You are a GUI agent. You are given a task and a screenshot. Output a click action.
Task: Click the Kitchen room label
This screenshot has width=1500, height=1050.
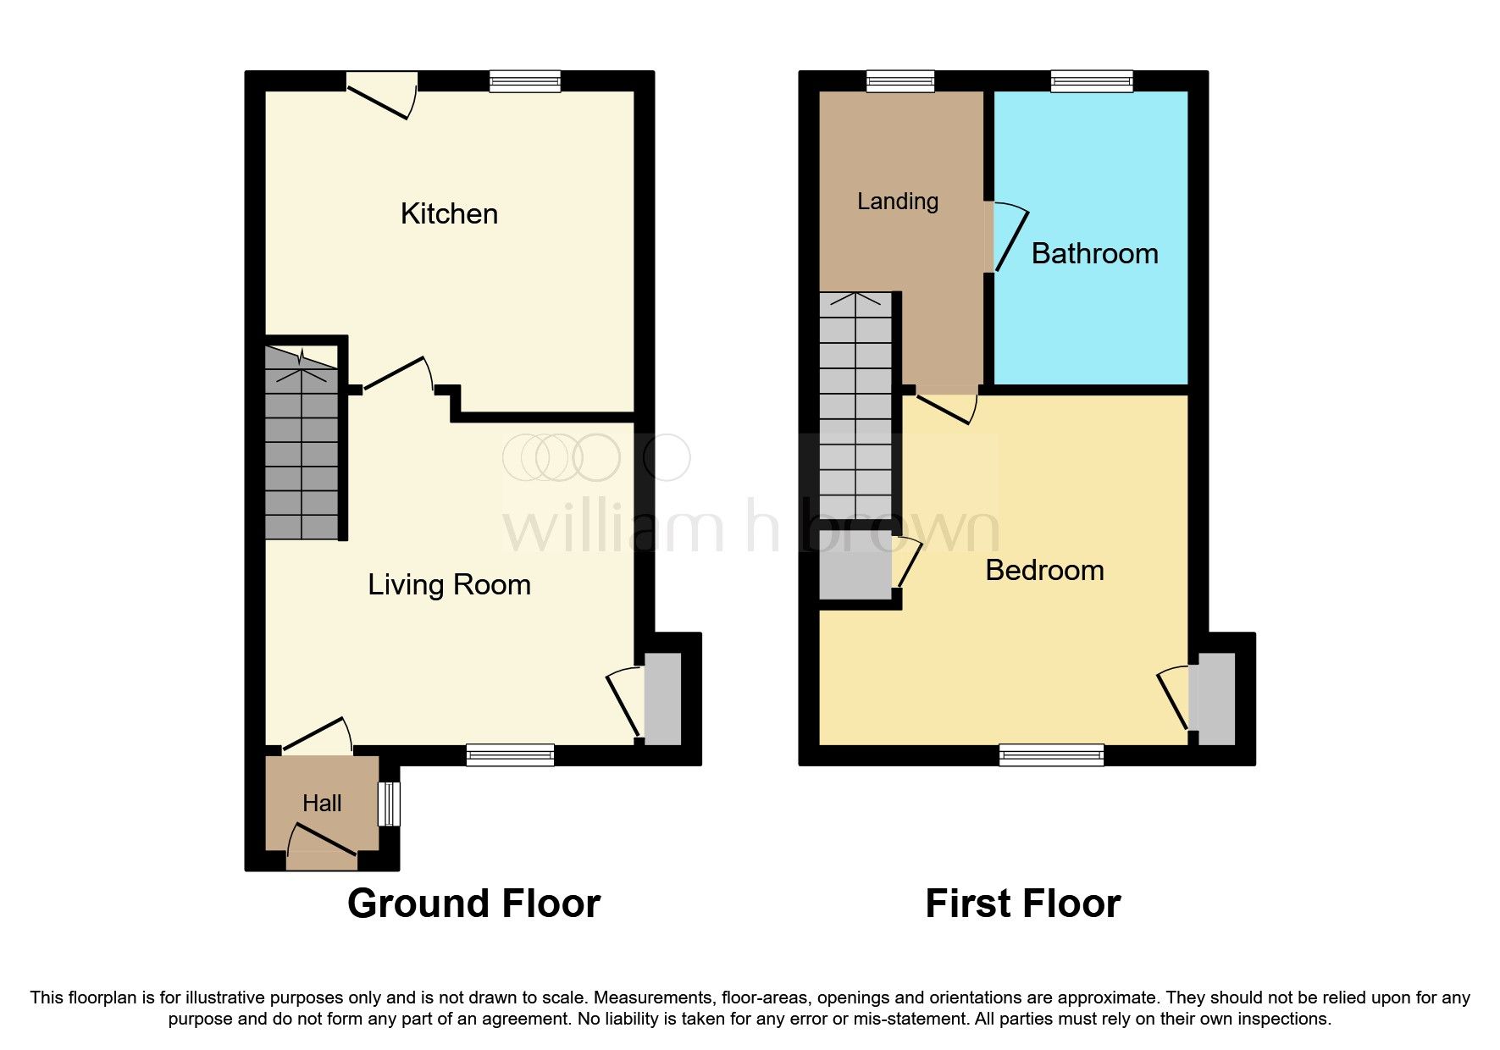449,213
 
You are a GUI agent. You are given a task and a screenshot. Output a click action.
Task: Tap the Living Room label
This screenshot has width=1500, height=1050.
449,584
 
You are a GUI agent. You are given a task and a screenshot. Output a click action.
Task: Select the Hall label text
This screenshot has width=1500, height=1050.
322,803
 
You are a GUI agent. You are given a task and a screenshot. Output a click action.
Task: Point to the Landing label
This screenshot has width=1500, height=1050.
898,201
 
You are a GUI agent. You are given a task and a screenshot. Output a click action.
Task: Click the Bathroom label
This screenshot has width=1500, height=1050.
1094,253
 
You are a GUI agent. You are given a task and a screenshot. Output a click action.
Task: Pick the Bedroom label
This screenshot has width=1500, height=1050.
1044,570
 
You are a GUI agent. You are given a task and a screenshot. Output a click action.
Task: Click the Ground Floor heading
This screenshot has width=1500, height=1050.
473,904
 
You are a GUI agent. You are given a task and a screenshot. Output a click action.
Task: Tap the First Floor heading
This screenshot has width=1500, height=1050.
1022,904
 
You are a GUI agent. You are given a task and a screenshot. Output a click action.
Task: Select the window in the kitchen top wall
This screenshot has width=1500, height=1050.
525,81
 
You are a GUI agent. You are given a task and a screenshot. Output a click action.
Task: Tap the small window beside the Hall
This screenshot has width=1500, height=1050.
389,803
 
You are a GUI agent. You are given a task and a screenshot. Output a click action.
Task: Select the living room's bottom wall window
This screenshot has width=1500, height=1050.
510,754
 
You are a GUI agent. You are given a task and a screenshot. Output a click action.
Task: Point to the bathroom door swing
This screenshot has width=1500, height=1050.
1010,237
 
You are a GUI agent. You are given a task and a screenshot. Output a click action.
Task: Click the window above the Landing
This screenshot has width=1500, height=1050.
900,81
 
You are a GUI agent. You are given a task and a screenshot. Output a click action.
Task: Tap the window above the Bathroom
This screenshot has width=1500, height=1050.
1092,81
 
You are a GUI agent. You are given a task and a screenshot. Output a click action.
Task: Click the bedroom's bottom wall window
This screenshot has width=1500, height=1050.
1051,754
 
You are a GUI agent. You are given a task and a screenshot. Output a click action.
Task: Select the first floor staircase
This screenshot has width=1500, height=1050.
855,406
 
